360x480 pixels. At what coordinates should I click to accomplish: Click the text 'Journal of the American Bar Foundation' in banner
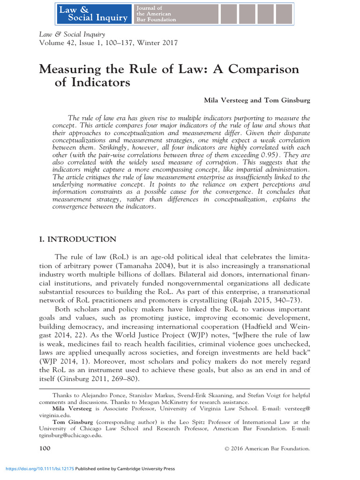pos(156,14)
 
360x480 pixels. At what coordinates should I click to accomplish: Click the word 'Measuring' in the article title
pos(68,69)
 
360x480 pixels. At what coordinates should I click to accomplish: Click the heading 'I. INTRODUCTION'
pos(77,240)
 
